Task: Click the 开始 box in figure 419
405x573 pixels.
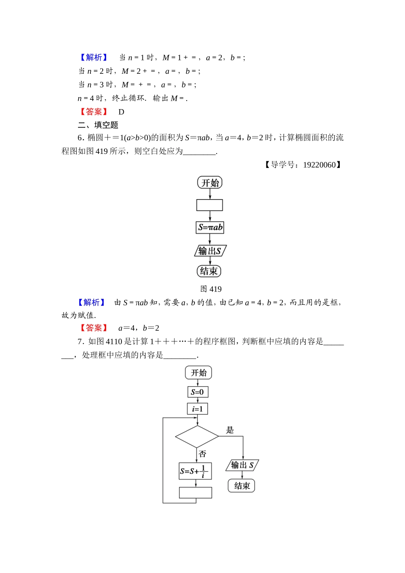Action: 210,182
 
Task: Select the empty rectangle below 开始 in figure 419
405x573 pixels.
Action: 209,205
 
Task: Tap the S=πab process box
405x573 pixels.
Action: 210,227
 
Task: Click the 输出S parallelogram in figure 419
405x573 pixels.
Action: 210,251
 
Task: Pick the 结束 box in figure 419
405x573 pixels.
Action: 209,271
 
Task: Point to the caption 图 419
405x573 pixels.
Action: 211,289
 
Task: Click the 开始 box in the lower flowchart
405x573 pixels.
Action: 198,373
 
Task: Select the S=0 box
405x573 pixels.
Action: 197,392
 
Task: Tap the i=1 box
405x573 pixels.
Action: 197,409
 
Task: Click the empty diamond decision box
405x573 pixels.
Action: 197,437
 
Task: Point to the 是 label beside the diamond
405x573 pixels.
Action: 230,430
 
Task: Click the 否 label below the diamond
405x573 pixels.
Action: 202,454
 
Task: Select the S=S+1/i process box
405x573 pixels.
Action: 195,471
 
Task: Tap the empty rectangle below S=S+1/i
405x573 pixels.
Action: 195,492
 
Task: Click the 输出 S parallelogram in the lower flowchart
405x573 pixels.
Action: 242,465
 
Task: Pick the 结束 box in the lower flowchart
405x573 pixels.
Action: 242,486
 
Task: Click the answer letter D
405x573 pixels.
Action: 121,112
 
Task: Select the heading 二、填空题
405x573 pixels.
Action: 98,125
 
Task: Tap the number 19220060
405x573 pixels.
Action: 319,165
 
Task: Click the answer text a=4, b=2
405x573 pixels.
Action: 139,328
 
